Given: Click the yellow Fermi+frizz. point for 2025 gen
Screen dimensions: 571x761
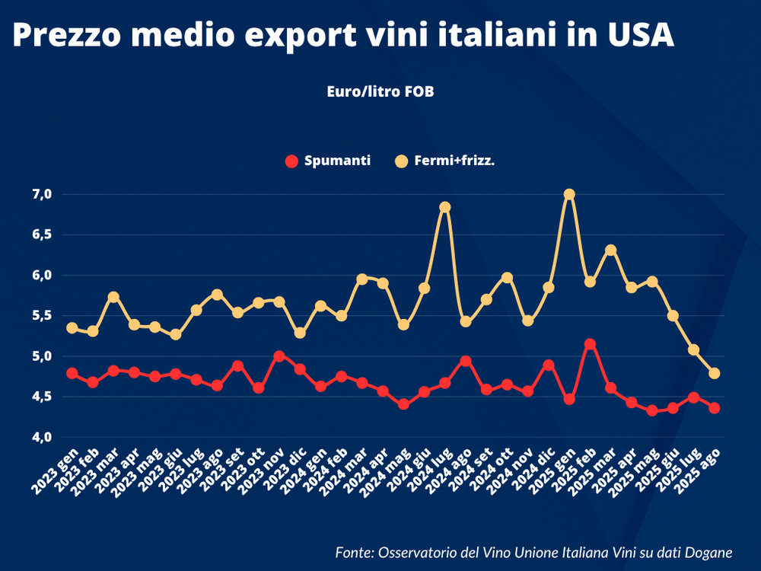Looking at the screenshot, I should tap(568, 195).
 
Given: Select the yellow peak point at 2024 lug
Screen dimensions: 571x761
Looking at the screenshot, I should tap(445, 207).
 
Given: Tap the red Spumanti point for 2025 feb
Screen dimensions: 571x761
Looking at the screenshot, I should tap(589, 344).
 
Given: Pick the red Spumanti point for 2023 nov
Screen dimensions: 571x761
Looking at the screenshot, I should tap(279, 356).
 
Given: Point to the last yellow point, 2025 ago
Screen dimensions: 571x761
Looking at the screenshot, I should tap(714, 373).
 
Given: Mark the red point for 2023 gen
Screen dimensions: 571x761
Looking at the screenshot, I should tap(72, 373).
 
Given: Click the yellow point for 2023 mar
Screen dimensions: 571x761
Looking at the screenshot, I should tap(113, 297).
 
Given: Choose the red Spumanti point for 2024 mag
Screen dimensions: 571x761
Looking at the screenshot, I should tap(403, 404).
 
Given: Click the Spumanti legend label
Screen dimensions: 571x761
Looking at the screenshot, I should tap(337, 161).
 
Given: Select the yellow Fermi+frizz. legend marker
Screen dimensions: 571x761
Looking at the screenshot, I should tap(402, 161).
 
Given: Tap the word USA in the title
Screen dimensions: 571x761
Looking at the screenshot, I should tap(637, 36).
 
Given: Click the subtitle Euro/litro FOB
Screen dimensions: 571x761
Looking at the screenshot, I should tap(380, 91).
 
